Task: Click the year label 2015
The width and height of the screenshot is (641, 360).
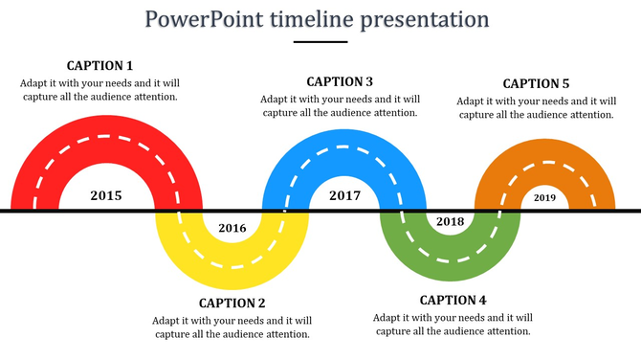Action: click(105, 196)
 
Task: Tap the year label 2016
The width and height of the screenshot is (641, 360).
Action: click(232, 228)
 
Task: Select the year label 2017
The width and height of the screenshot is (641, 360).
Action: click(344, 196)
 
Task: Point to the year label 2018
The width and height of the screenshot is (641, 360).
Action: click(450, 222)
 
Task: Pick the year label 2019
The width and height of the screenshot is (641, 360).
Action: click(544, 198)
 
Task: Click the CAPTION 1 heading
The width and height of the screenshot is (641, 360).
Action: click(99, 66)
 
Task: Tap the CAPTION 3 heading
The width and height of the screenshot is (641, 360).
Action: click(340, 82)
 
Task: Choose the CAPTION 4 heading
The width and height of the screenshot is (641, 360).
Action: click(453, 301)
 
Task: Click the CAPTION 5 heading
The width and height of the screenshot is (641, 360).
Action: click(536, 84)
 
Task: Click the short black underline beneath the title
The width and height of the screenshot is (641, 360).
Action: click(320, 42)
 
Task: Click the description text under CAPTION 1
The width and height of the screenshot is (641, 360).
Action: click(99, 89)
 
